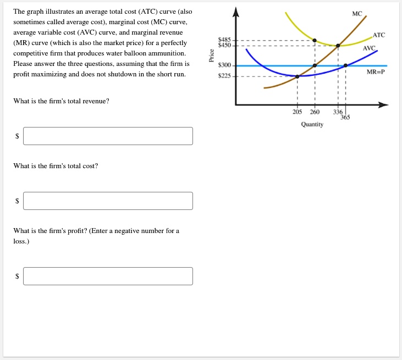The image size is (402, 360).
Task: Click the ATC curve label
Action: (x=378, y=35)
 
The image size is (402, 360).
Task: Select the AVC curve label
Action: (x=369, y=48)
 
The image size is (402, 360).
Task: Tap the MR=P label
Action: (x=375, y=71)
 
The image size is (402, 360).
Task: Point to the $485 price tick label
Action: (x=225, y=40)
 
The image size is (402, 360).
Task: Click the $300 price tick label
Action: (x=225, y=65)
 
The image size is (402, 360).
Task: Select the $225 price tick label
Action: (x=225, y=76)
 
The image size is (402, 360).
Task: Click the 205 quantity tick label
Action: (x=298, y=112)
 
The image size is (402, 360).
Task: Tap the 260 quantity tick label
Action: (x=315, y=112)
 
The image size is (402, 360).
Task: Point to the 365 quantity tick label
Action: (x=345, y=117)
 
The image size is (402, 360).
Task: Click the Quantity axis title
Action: (x=312, y=124)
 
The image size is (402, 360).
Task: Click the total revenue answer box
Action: (x=108, y=136)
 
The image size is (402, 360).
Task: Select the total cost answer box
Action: (x=108, y=201)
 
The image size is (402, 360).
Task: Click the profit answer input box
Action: (x=108, y=276)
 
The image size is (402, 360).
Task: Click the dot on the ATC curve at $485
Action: (x=315, y=40)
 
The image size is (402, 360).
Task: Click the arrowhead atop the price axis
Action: (x=236, y=12)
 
